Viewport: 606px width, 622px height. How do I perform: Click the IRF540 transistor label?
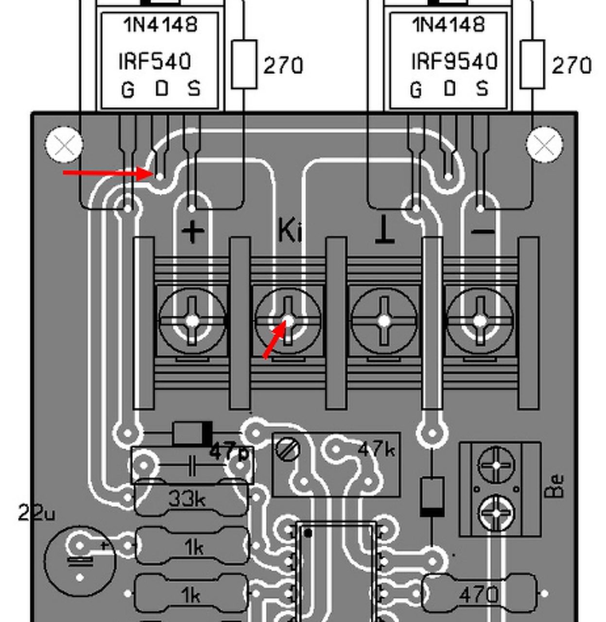(155, 62)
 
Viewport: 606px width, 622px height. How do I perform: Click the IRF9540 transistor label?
(454, 62)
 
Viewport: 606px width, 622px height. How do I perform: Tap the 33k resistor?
(187, 499)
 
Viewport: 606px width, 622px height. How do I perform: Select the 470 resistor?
(479, 594)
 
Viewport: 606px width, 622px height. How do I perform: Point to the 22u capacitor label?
(36, 513)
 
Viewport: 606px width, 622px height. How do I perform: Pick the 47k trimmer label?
(376, 450)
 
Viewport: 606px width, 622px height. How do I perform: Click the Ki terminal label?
(290, 230)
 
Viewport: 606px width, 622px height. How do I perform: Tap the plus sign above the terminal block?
(193, 231)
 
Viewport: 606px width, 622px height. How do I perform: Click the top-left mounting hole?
(64, 144)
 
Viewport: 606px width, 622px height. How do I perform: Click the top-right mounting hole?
(544, 144)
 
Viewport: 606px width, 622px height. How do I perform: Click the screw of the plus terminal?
(192, 321)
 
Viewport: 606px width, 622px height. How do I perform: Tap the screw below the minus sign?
(480, 321)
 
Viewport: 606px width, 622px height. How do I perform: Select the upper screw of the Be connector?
(496, 465)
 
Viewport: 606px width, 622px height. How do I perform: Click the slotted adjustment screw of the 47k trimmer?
(287, 449)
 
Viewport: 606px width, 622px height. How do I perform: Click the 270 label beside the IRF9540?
(571, 66)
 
